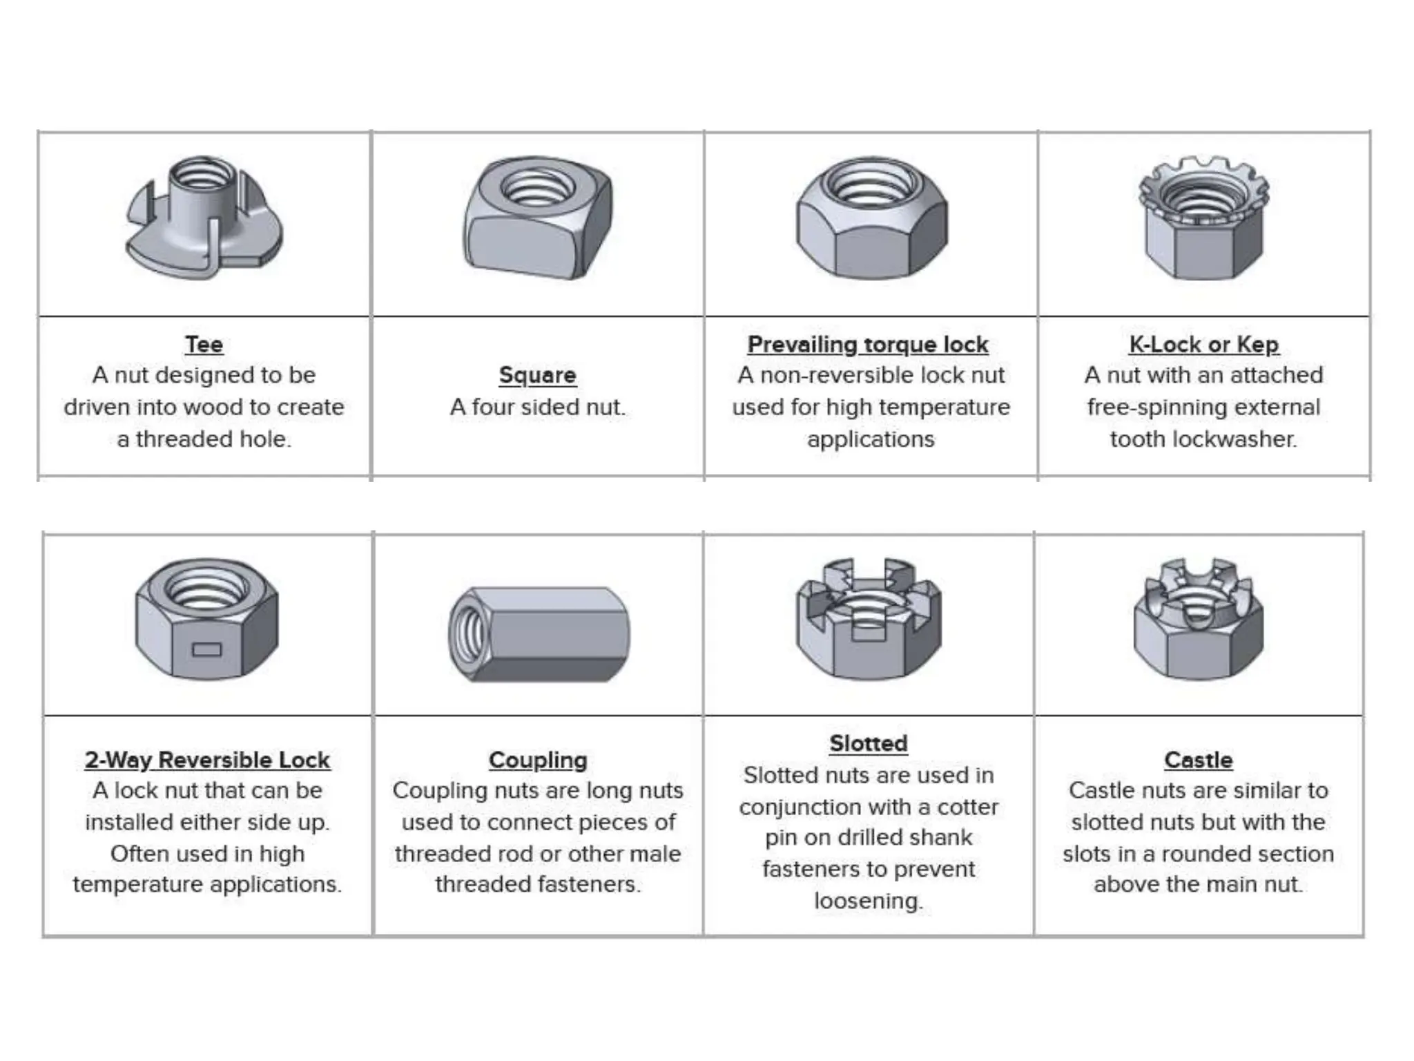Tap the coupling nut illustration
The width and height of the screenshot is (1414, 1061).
[539, 634]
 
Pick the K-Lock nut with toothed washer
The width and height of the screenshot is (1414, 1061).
[1203, 218]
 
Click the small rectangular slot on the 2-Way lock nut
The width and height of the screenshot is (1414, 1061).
[206, 649]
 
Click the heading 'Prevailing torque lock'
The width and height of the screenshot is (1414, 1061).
[868, 344]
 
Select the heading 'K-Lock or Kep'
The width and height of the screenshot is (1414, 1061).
[1203, 344]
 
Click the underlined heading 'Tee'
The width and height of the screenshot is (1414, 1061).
[204, 344]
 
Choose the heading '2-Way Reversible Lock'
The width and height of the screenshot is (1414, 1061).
[207, 760]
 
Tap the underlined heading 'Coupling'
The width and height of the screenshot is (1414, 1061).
[538, 760]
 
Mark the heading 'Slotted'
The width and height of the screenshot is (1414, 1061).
[869, 743]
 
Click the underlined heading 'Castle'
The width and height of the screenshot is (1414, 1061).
[1198, 760]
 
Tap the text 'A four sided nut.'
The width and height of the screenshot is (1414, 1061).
[538, 407]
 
